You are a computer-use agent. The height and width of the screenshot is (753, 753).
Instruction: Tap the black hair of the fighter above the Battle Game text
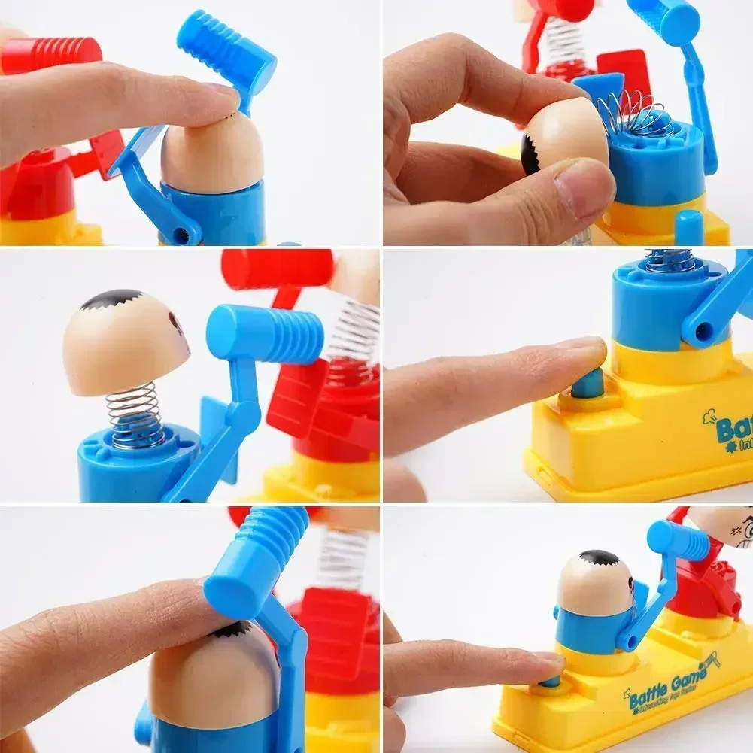point(600,557)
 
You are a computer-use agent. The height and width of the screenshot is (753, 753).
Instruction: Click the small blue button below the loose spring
point(688,226)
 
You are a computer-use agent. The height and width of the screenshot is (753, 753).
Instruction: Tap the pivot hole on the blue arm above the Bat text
point(703,329)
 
